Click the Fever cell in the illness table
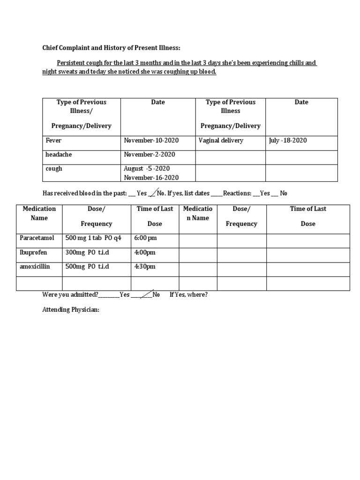[53, 140]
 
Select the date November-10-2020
[151, 140]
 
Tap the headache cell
[59, 154]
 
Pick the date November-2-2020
[149, 154]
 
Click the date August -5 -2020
[147, 168]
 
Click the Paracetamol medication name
[37, 238]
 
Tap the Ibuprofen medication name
[33, 252]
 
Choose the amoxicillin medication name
[35, 266]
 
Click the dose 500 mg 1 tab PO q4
[93, 238]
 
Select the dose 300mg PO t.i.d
[87, 252]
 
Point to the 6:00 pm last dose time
[145, 238]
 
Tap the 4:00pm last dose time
[145, 252]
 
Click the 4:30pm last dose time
[145, 266]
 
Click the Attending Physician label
[71, 310]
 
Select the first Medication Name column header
[39, 213]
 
